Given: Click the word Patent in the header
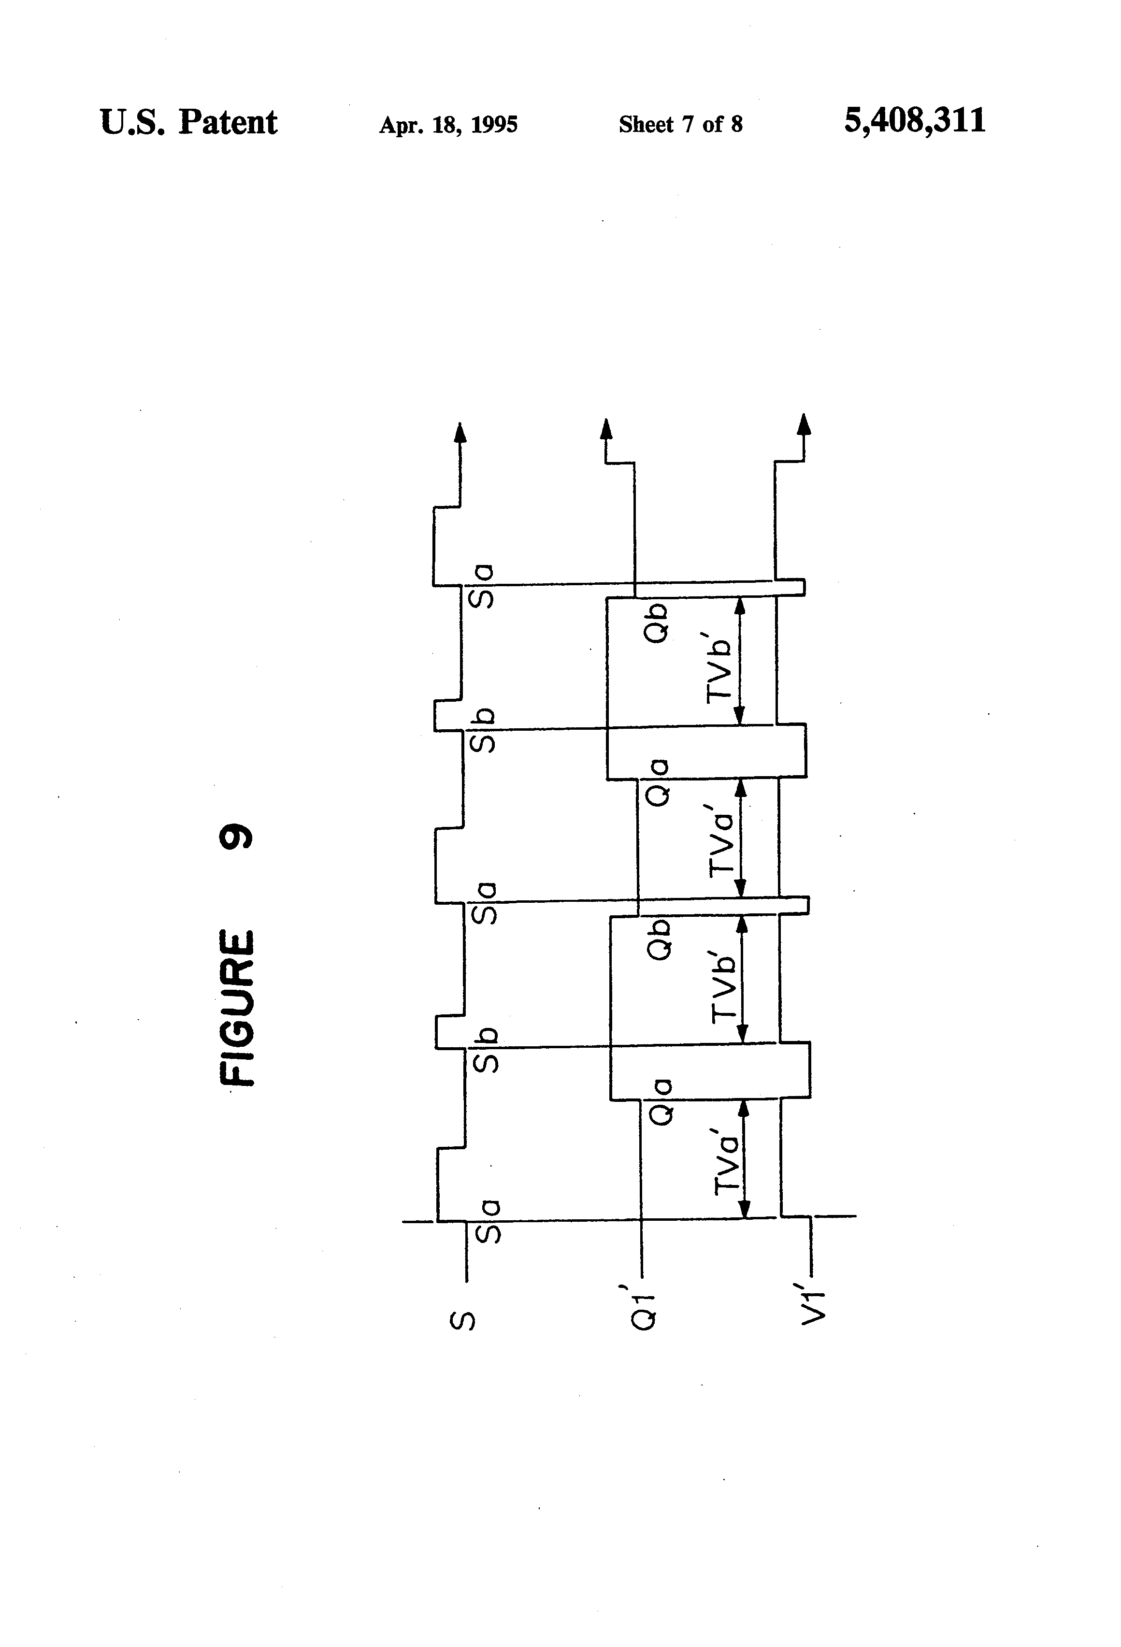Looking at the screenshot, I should [228, 123].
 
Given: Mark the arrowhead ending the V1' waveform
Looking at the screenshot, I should [804, 423].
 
